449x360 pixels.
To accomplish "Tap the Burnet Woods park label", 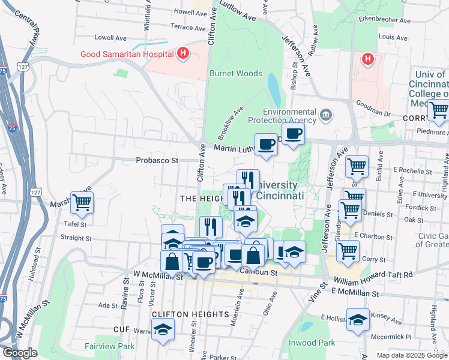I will [235, 73].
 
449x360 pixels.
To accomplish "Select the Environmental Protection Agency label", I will [290, 116].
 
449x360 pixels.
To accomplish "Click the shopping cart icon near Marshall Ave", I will [82, 202].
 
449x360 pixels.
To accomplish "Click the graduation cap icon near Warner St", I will [163, 329].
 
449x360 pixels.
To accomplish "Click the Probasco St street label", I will [157, 160].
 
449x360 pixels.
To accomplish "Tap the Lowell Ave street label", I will [108, 37].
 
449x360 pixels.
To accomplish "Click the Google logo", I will [20, 353].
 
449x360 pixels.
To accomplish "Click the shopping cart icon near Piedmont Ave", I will [438, 110].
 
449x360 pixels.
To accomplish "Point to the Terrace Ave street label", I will [188, 27].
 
